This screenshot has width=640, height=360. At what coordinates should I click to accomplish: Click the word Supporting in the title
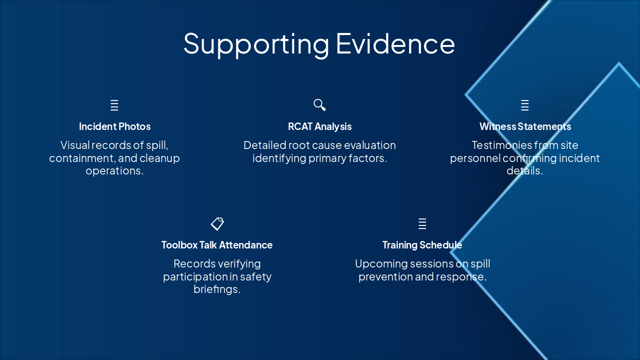point(256,44)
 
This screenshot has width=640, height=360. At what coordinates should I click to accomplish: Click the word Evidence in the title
point(395,43)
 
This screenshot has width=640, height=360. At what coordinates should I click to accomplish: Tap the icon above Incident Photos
point(114,105)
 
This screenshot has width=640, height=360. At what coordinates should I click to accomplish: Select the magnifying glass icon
point(319,105)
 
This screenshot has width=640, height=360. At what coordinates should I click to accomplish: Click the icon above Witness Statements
point(525,105)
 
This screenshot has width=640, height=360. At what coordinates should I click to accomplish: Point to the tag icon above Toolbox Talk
point(217,223)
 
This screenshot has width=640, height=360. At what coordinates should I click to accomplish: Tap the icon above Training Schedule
point(422,223)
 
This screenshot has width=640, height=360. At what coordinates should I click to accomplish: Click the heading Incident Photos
point(114,126)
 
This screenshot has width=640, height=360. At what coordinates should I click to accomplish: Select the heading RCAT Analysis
point(319,126)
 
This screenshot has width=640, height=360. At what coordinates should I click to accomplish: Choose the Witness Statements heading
point(525,126)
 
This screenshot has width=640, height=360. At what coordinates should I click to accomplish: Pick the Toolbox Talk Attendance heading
point(217,245)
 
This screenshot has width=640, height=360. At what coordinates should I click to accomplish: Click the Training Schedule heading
point(422,245)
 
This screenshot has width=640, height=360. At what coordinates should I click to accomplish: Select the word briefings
point(217,289)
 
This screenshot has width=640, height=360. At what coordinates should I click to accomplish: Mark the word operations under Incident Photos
point(114,171)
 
